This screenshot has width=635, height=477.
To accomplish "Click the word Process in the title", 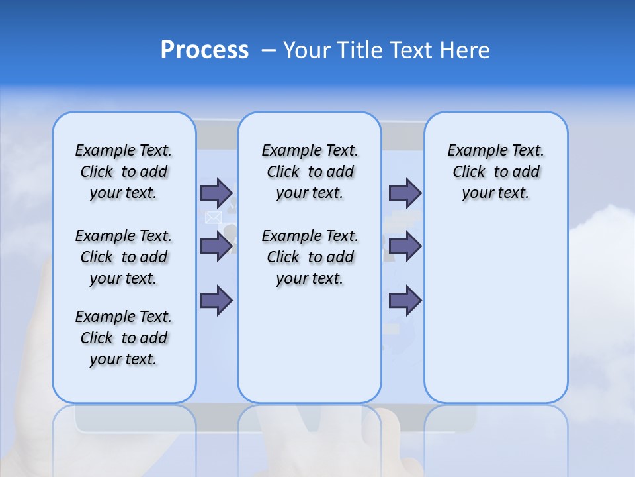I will pos(204,50).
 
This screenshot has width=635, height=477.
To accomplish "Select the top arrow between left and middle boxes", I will pos(216,193).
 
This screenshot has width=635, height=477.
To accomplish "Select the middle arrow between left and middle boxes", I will pos(216,246).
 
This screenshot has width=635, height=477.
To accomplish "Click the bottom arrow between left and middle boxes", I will pos(216,301).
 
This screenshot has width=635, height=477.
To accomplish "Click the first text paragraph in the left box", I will pos(124,172).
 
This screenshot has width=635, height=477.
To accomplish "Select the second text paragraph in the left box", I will pos(124,257).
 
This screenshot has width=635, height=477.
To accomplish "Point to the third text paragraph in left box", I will pos(124,338).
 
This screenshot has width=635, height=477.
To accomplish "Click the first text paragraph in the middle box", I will pos(310,172).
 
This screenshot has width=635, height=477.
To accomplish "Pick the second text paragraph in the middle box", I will pos(310,257).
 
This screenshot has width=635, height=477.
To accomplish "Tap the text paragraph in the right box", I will pos(495,172).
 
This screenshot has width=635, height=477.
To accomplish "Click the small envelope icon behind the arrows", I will pos(213,218).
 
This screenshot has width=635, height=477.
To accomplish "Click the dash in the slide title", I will pos(269,50).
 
